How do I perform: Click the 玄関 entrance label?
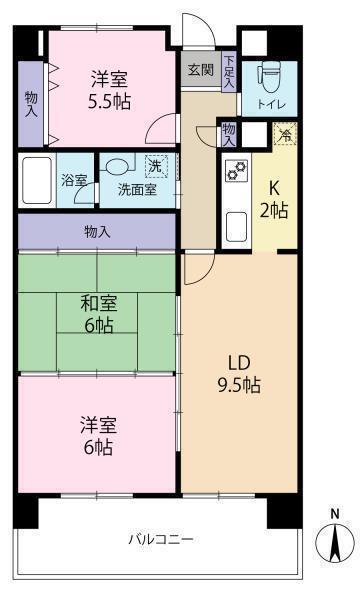200,70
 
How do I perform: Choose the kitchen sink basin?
237,226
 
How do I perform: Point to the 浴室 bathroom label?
74,182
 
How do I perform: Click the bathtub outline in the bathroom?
36,179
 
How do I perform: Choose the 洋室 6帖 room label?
98,437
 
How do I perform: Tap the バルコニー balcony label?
160,540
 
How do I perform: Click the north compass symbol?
336,542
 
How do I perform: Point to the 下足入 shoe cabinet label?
229,72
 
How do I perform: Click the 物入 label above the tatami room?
97,231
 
